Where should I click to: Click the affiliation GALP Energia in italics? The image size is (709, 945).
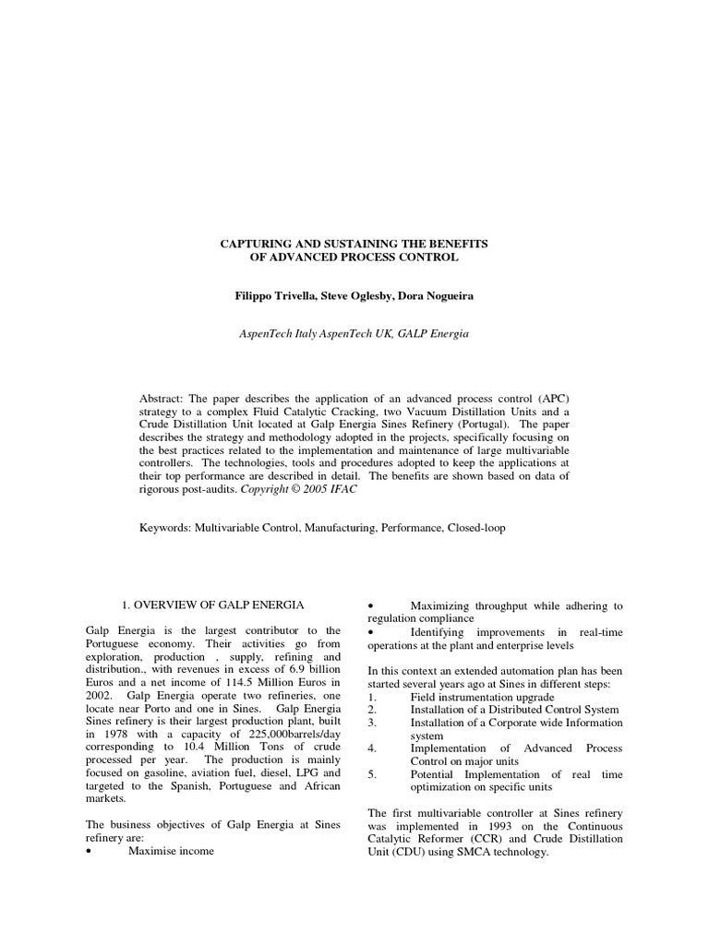coord(434,333)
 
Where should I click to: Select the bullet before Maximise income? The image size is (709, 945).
coord(89,851)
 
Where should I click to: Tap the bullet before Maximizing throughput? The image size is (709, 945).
coord(371,605)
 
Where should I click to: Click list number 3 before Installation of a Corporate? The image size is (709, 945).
coord(371,723)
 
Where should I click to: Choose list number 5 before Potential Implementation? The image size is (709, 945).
coord(371,774)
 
